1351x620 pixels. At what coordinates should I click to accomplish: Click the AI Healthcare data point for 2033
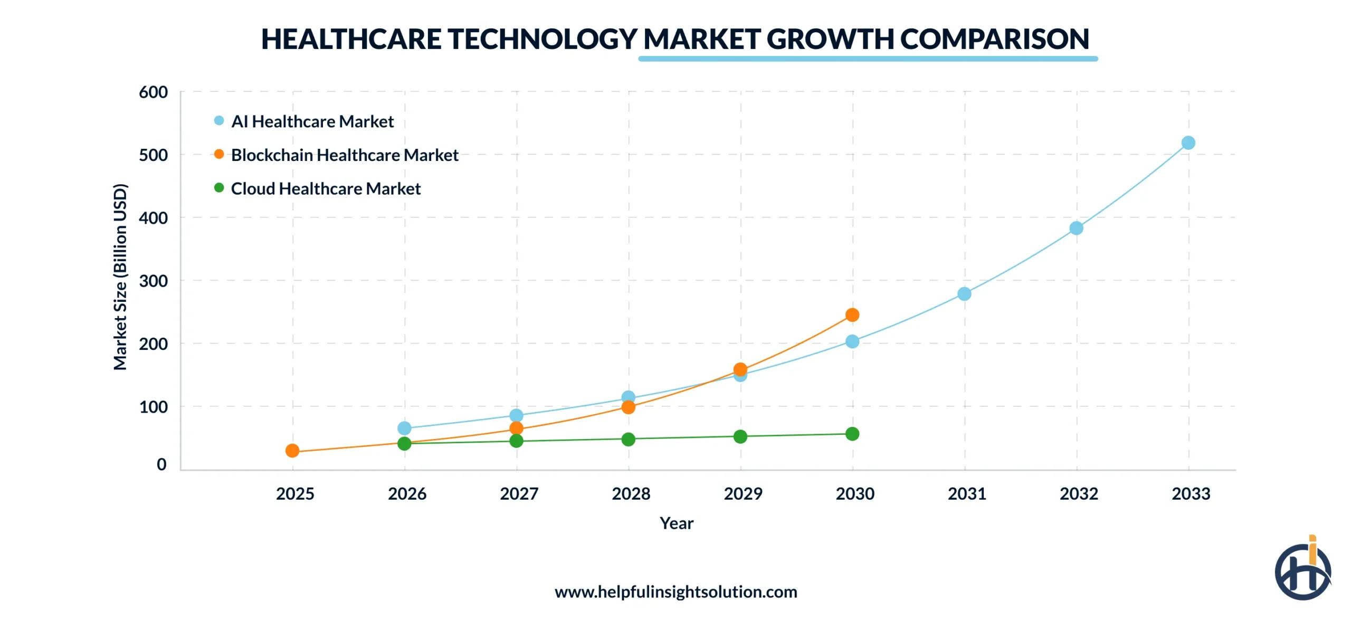(x=1188, y=143)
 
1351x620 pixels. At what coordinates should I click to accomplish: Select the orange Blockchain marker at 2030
(x=852, y=315)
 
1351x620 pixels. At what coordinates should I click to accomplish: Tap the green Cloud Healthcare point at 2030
(x=852, y=434)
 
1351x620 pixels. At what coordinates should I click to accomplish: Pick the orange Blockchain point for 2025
(x=292, y=451)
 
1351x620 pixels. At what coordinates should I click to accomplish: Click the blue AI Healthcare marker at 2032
(x=1076, y=228)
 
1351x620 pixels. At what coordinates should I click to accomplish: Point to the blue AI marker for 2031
(x=964, y=294)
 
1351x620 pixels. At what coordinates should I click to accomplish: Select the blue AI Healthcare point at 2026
(x=404, y=428)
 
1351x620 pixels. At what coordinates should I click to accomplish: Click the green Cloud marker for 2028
(x=628, y=439)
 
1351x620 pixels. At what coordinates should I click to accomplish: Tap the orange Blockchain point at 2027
(x=516, y=428)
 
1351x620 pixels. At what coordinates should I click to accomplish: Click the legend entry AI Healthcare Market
(x=312, y=122)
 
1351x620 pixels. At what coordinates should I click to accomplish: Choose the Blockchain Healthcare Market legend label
(x=344, y=155)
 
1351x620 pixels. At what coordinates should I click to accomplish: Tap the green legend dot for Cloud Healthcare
(x=219, y=188)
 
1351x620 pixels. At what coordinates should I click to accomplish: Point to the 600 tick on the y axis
(x=153, y=92)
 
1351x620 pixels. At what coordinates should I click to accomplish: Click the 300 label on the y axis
(x=153, y=281)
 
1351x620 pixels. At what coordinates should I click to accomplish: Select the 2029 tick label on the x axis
(x=743, y=494)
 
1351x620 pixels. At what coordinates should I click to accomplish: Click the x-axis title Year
(x=676, y=523)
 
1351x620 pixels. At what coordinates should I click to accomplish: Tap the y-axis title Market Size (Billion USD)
(x=120, y=277)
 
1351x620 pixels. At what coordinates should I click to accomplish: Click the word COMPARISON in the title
(x=994, y=39)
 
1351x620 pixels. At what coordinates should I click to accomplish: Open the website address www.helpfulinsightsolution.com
(x=675, y=592)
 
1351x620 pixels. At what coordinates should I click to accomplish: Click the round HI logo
(x=1302, y=571)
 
